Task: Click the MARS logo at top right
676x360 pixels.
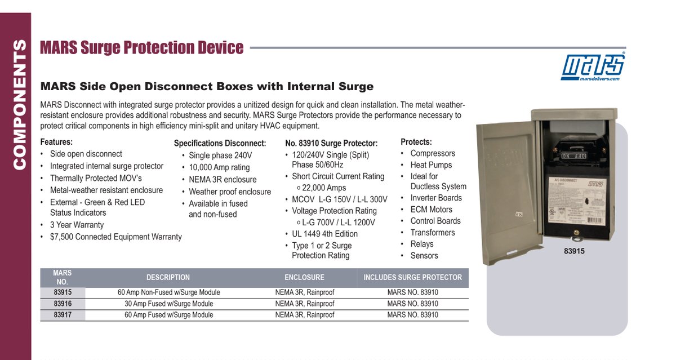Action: click(x=593, y=67)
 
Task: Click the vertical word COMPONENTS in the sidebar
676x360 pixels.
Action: click(x=19, y=104)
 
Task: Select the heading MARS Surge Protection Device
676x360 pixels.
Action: click(x=142, y=48)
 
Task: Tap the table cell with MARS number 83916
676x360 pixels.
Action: click(x=63, y=304)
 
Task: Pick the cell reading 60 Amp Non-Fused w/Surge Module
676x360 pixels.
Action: click(x=168, y=292)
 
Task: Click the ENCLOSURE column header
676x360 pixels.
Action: click(x=304, y=277)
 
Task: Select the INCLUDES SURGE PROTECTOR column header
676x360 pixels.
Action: click(x=412, y=277)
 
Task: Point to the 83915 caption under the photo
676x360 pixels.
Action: click(x=574, y=251)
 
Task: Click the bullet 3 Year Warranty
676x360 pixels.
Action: click(x=77, y=225)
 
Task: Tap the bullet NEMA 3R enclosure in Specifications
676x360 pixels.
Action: click(x=223, y=180)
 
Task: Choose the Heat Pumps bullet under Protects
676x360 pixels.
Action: click(x=431, y=165)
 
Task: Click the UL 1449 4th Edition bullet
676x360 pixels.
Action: click(x=324, y=234)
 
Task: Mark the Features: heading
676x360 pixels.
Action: click(x=56, y=142)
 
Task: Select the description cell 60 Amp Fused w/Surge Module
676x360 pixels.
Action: click(x=168, y=315)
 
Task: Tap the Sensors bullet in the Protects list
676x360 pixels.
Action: click(x=424, y=256)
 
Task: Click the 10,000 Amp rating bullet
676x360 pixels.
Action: click(x=219, y=167)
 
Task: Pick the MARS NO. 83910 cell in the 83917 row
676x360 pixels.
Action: click(x=412, y=315)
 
